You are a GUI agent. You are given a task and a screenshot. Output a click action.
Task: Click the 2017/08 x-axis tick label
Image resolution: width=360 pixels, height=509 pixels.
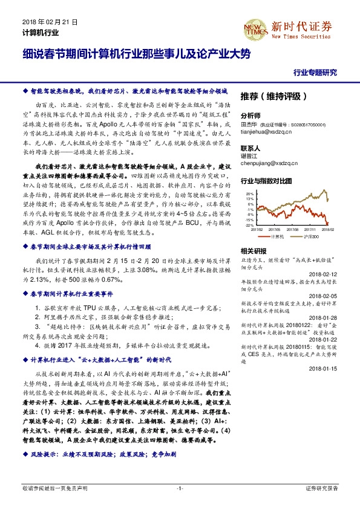(292, 229)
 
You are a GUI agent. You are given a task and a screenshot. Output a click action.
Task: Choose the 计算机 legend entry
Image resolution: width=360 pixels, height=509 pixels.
(277, 237)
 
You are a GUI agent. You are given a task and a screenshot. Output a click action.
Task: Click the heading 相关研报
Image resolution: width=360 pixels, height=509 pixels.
(253, 250)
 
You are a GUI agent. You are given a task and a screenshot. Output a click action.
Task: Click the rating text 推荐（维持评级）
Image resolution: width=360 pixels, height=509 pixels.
(274, 96)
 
